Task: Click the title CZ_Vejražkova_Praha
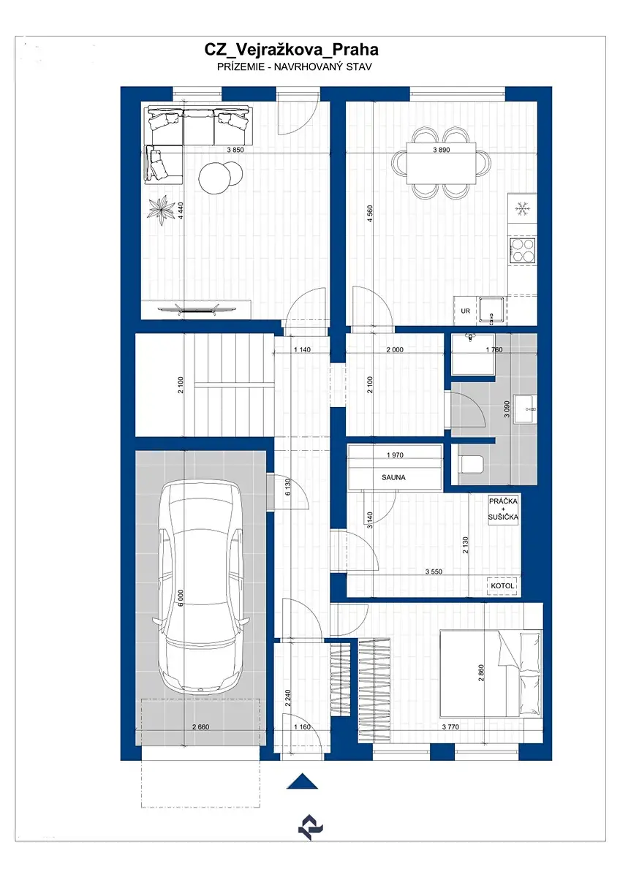(x=291, y=50)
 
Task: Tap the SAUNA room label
(x=393, y=477)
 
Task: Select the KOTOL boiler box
(x=502, y=586)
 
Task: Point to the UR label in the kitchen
(x=465, y=311)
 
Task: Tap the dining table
(x=442, y=162)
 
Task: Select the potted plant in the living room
(x=161, y=210)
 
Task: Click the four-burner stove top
(x=523, y=250)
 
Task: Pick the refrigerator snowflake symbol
(x=522, y=208)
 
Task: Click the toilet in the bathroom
(x=470, y=464)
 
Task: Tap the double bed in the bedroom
(x=491, y=673)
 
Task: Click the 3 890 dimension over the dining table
(x=442, y=150)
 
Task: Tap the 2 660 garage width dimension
(x=200, y=727)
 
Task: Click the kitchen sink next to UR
(x=491, y=311)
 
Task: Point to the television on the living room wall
(x=197, y=309)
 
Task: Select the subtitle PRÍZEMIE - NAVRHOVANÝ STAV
(x=295, y=67)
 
